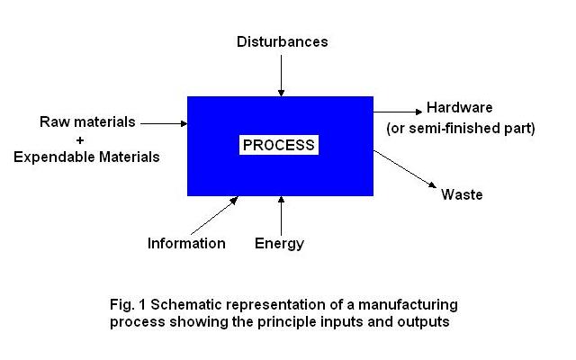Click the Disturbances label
[282, 41]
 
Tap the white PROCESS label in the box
[280, 145]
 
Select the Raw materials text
[87, 121]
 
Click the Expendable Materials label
[86, 157]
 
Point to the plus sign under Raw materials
[87, 139]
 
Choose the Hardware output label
[459, 107]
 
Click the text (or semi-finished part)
[461, 128]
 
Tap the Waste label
[462, 194]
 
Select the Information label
[186, 243]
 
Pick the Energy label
[279, 243]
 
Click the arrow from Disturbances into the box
[282, 74]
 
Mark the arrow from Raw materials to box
[164, 122]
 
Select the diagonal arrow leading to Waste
[405, 169]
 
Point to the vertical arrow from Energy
[282, 214]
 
